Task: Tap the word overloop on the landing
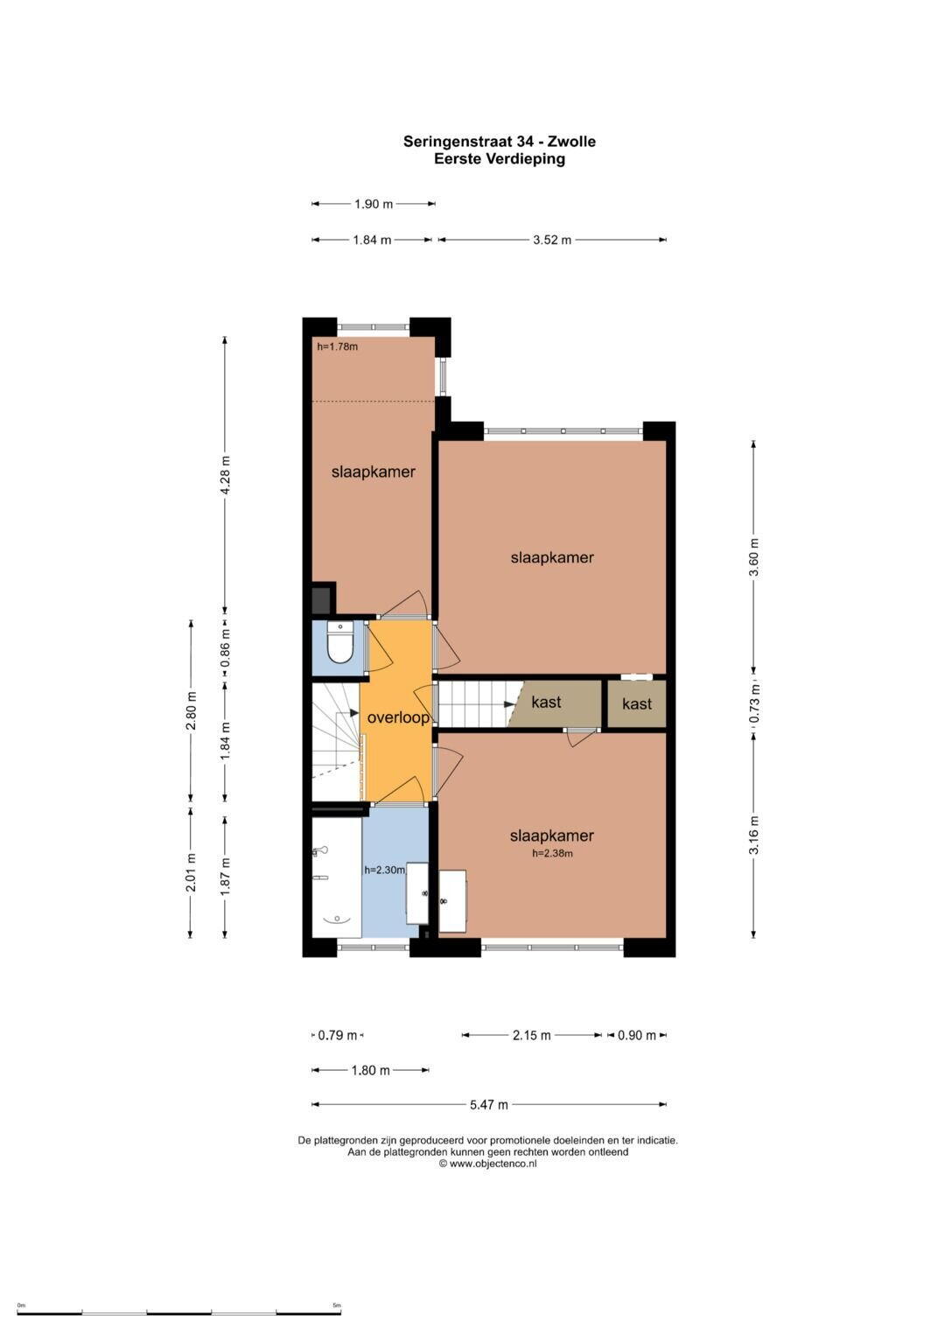(398, 717)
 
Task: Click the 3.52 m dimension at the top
(552, 240)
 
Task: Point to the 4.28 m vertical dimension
(225, 475)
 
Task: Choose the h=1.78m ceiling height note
(337, 346)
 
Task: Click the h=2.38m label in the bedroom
(552, 854)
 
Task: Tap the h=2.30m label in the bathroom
(385, 871)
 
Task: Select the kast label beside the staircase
(546, 702)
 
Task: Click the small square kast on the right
(637, 703)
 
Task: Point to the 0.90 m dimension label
(637, 1035)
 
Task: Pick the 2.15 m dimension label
(532, 1035)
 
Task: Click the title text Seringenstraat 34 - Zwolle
(500, 142)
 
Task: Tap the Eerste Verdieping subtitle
(500, 159)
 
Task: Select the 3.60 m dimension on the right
(753, 557)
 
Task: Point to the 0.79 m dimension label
(338, 1035)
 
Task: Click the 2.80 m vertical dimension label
(191, 710)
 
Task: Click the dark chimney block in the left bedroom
(324, 598)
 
